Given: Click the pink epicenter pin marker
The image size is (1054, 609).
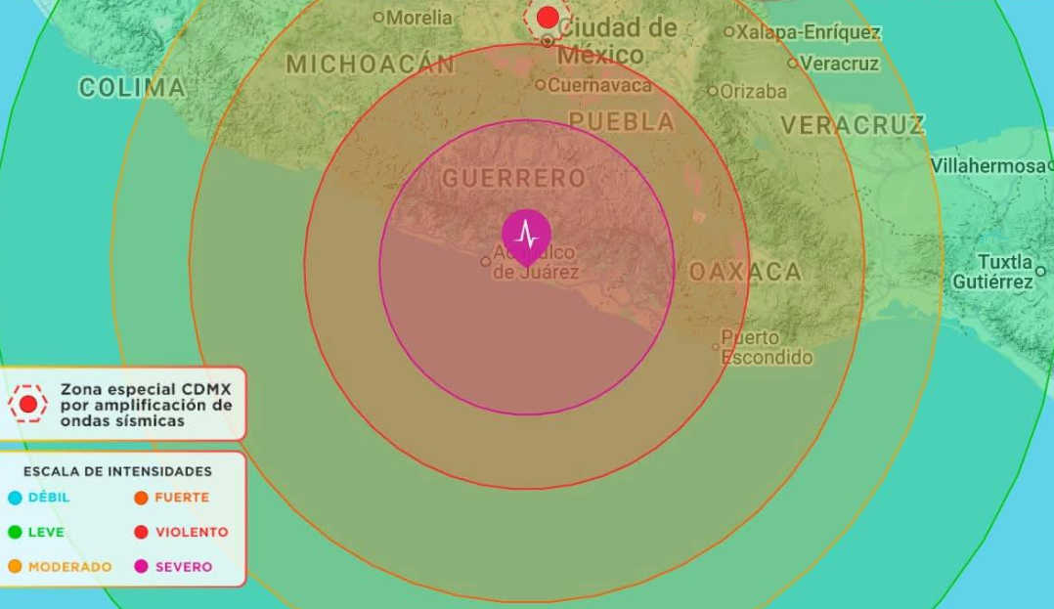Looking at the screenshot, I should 526,235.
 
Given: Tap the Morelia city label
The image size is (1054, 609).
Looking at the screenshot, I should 418,18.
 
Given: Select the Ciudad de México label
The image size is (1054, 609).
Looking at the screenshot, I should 616,40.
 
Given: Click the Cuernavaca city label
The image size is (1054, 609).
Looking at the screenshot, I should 598,85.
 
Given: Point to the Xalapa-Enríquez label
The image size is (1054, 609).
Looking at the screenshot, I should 808,32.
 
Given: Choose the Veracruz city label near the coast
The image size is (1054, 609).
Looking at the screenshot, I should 839,64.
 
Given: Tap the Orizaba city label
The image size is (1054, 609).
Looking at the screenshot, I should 753,92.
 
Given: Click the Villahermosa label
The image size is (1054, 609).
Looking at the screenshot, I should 988,166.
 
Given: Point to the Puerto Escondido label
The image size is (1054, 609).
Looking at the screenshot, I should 767,347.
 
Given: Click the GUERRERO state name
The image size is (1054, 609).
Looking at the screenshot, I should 513,178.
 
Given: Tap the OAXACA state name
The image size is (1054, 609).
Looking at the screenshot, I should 745,272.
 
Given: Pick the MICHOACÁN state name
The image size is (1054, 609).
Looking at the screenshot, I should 370,65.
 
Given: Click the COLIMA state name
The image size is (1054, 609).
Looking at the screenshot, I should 132,88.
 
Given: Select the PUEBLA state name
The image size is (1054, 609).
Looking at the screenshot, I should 622,122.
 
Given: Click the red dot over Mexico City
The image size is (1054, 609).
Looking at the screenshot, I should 548,17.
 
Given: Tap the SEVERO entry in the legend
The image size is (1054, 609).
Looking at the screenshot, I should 183,567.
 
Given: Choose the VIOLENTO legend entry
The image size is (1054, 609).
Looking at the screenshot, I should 192,533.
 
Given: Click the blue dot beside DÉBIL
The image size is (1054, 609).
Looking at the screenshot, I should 15,498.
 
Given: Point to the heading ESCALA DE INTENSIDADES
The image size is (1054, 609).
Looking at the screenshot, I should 117,471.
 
